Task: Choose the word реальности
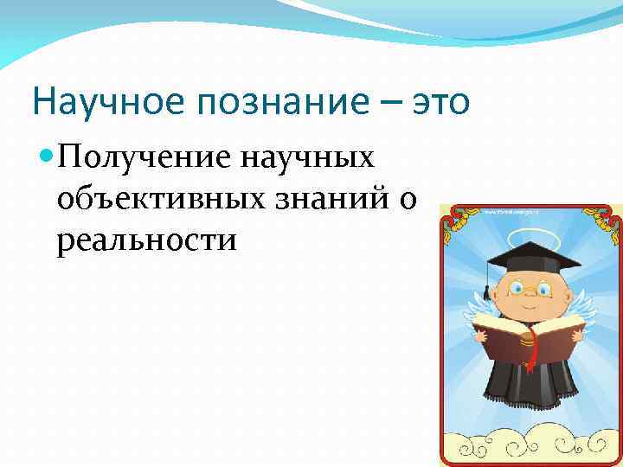click(x=146, y=238)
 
